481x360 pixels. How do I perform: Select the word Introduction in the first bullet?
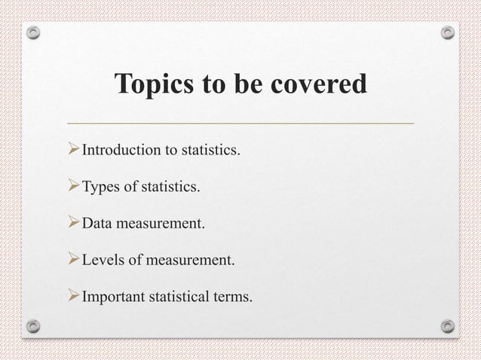[x=121, y=151]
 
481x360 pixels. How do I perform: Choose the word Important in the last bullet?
[x=113, y=298]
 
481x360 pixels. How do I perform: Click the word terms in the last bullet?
[x=234, y=298]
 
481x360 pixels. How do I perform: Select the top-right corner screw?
[x=447, y=33]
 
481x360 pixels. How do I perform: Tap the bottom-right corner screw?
[x=447, y=326]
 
